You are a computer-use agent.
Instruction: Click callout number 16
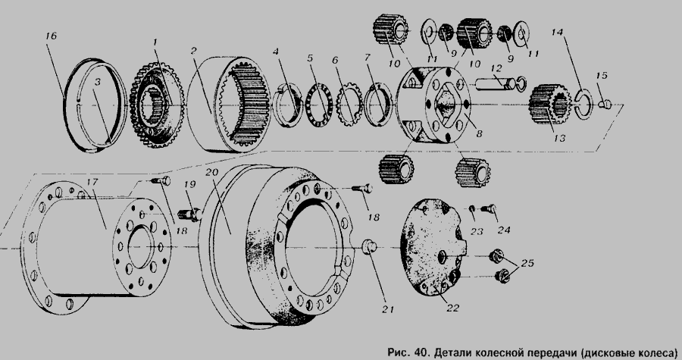pyautogui.click(x=51, y=36)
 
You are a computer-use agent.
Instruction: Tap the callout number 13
pyautogui.click(x=559, y=138)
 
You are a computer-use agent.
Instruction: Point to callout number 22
pyautogui.click(x=452, y=308)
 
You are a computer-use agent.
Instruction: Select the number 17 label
pyautogui.click(x=92, y=181)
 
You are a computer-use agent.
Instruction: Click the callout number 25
pyautogui.click(x=527, y=263)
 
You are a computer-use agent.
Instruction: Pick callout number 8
pyautogui.click(x=479, y=134)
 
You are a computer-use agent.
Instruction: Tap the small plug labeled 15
pyautogui.click(x=605, y=104)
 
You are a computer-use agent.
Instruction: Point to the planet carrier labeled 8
pyautogui.click(x=434, y=104)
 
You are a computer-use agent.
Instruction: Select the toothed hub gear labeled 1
pyautogui.click(x=158, y=105)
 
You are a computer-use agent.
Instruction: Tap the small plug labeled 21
pyautogui.click(x=370, y=246)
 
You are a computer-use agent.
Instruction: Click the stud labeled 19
pyautogui.click(x=190, y=214)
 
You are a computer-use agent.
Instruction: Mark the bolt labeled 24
pyautogui.click(x=489, y=209)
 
